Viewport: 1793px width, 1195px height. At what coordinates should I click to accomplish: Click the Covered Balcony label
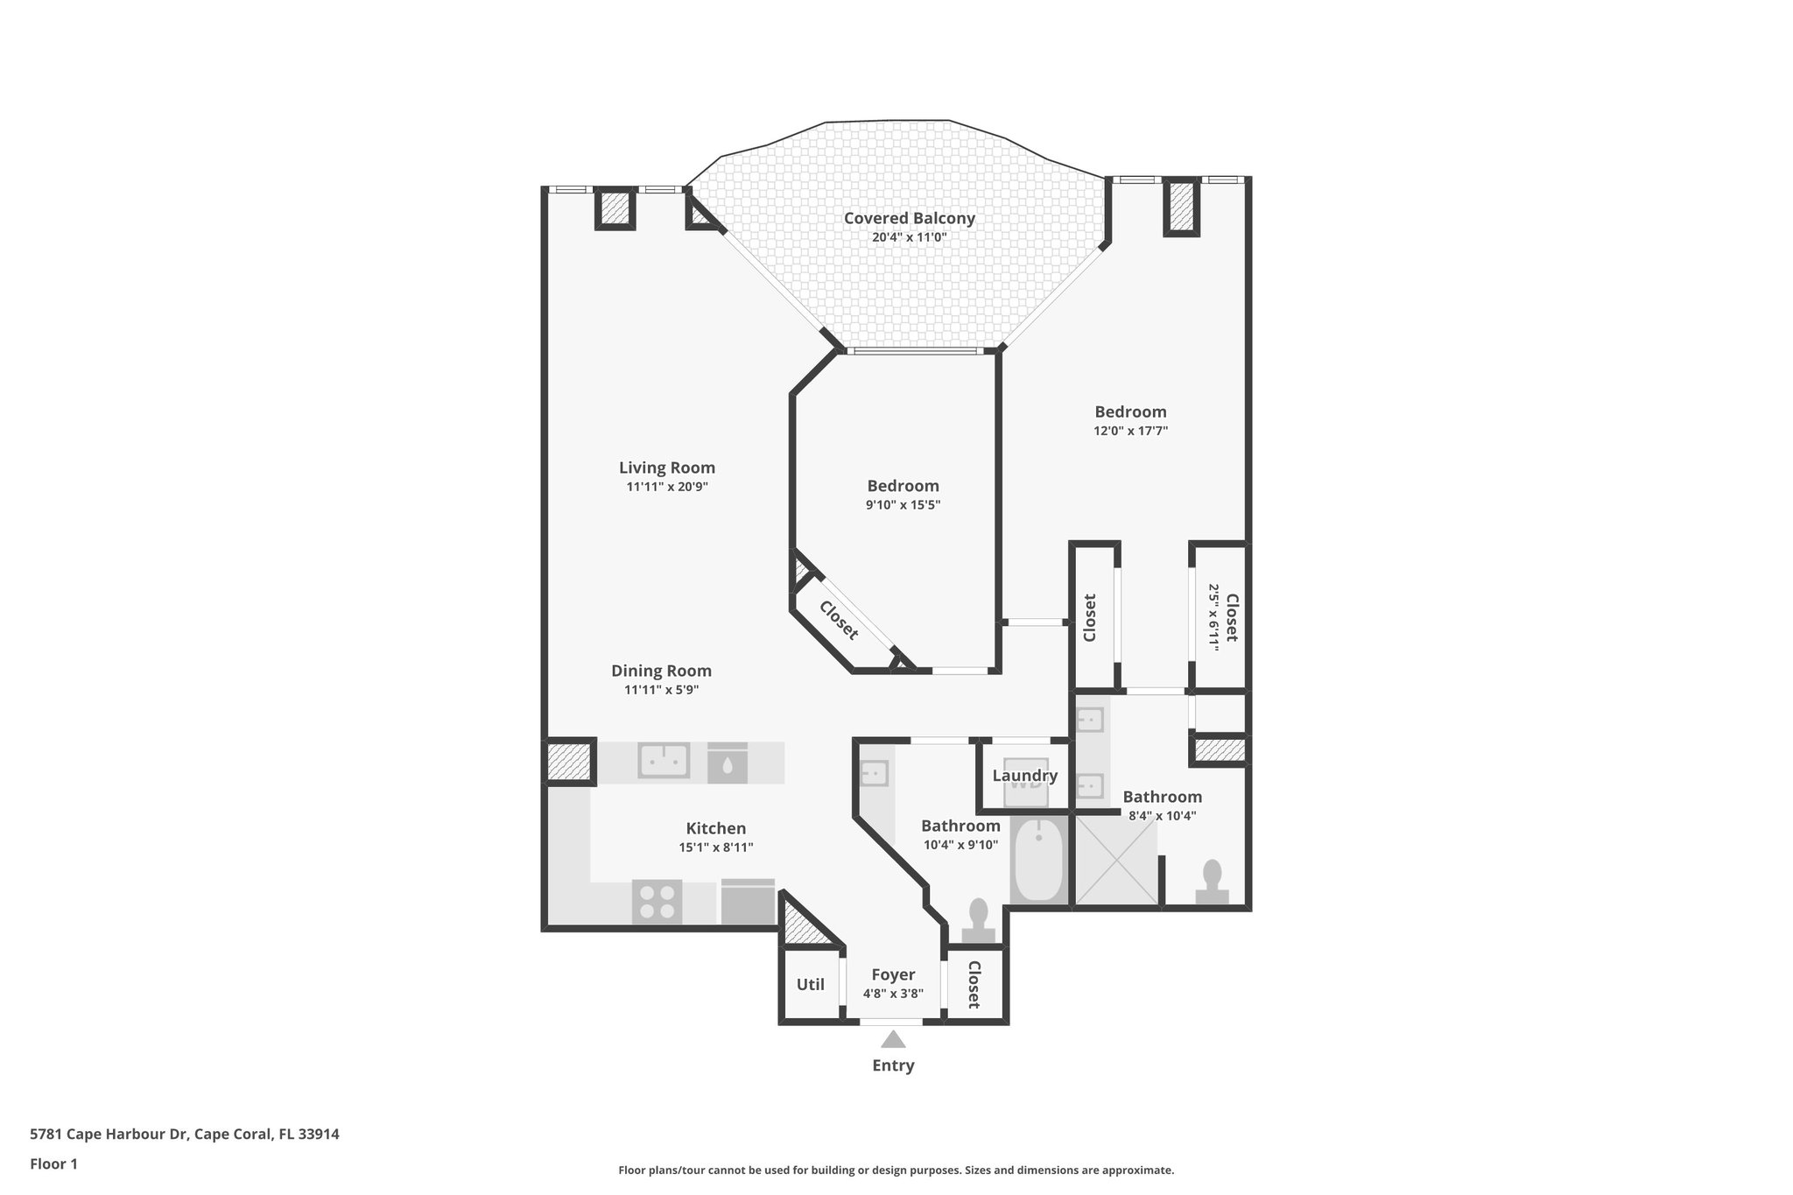[x=909, y=218]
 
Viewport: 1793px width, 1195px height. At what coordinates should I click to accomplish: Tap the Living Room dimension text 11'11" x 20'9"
[x=666, y=487]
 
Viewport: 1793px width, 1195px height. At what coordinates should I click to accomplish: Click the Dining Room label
[x=661, y=671]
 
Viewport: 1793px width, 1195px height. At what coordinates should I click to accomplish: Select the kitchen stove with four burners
[x=657, y=902]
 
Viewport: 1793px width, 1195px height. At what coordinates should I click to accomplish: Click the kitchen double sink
[x=663, y=760]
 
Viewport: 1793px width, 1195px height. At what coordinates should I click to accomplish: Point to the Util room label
[x=810, y=984]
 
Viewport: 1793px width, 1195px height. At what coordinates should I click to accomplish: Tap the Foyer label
[x=893, y=974]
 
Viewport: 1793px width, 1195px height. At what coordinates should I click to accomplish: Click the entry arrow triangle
[x=892, y=1040]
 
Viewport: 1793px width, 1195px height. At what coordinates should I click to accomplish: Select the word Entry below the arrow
[x=892, y=1065]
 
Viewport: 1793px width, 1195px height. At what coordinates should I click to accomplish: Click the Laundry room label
[x=1024, y=776]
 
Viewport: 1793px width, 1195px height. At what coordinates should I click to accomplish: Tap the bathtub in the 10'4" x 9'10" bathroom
[x=1038, y=860]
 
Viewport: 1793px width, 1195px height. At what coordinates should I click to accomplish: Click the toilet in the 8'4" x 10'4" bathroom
[x=1212, y=882]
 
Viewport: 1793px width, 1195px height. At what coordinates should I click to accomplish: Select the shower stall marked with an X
[x=1115, y=860]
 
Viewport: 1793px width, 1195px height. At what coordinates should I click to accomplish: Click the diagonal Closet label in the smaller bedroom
[x=839, y=621]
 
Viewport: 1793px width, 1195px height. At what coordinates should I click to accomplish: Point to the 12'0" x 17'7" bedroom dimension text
[x=1130, y=431]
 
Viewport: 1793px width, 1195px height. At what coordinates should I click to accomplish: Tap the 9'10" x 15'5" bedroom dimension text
[x=903, y=505]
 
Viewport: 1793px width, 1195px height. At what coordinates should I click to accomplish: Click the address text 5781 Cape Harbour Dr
[x=109, y=1134]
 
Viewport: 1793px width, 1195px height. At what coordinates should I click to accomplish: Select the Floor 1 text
[x=53, y=1163]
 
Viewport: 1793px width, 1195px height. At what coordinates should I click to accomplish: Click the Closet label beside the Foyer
[x=974, y=984]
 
